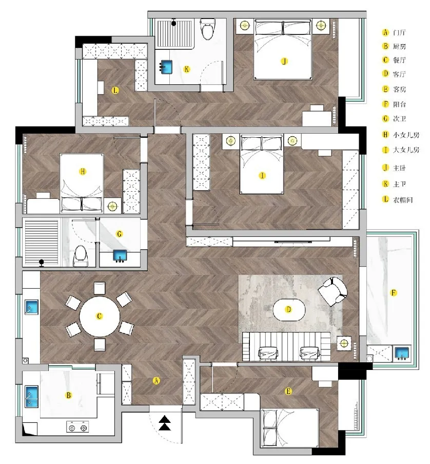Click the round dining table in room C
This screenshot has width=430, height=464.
click(100, 317)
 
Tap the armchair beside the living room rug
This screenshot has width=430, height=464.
click(333, 291)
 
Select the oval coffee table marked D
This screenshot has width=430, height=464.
click(289, 310)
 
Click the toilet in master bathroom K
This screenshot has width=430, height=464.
click(207, 29)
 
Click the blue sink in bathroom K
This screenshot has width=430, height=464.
click(166, 67)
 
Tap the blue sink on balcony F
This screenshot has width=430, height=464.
click(402, 353)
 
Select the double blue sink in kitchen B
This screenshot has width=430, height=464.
click(31, 397)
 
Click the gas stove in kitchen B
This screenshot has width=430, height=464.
click(77, 428)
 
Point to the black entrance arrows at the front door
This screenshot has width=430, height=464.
click(165, 423)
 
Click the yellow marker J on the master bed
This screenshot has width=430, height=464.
click(284, 61)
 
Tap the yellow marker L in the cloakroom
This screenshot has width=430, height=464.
click(115, 90)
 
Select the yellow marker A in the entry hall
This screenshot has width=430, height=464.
click(156, 381)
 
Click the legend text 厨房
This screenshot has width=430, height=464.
click(399, 46)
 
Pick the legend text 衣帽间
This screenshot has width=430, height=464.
click(402, 200)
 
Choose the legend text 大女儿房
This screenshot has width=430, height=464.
click(406, 150)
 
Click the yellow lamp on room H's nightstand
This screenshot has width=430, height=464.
click(112, 206)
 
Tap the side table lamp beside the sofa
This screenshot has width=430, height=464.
click(344, 343)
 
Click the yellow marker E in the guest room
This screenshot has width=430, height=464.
click(288, 391)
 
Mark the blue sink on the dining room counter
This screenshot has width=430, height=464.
click(32, 307)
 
